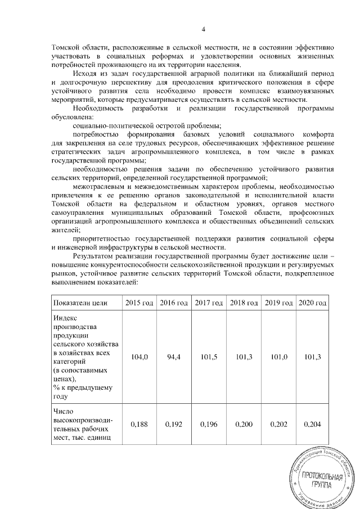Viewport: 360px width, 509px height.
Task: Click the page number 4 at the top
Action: [204, 30]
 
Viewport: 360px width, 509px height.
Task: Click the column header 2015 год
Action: [138, 303]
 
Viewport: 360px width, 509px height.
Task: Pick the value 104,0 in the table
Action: [138, 357]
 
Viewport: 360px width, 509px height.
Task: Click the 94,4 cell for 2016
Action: [173, 357]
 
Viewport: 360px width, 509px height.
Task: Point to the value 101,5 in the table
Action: [209, 357]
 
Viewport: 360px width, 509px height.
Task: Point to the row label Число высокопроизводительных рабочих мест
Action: [82, 426]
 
